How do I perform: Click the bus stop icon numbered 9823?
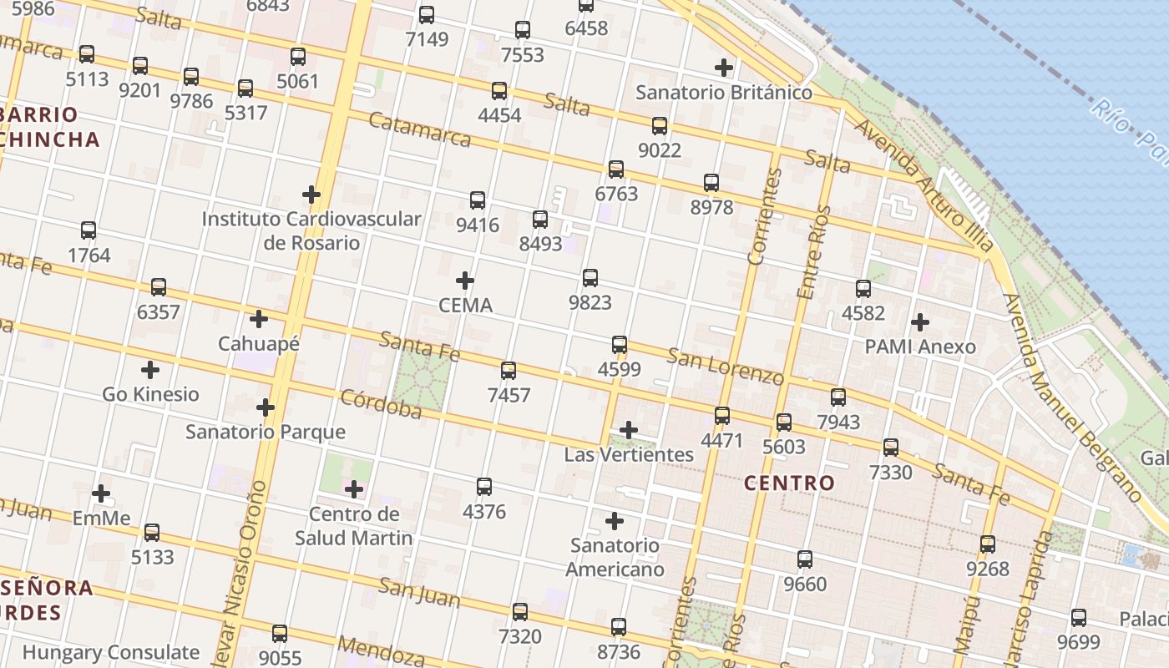coord(590,278)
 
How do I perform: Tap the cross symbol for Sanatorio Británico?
coord(724,68)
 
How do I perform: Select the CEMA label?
coord(466,306)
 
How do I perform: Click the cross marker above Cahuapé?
coord(259,318)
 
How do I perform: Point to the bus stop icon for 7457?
coord(509,371)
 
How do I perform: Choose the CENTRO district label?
coord(789,483)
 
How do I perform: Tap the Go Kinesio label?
coord(150,394)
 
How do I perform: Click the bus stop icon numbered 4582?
coord(863,289)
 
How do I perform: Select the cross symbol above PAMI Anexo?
coord(920,321)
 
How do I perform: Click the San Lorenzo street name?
coord(725,367)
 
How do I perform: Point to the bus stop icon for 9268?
coord(988,544)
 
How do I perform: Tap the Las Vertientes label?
coord(629,455)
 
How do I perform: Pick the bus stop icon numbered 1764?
coord(89,230)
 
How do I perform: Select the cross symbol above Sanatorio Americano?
coord(615,521)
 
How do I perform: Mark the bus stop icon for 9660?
coord(805,559)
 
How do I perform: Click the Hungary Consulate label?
coord(111,652)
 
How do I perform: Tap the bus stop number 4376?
coord(484,511)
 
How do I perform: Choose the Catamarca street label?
coord(420,129)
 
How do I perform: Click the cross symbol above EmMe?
coord(101,493)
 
